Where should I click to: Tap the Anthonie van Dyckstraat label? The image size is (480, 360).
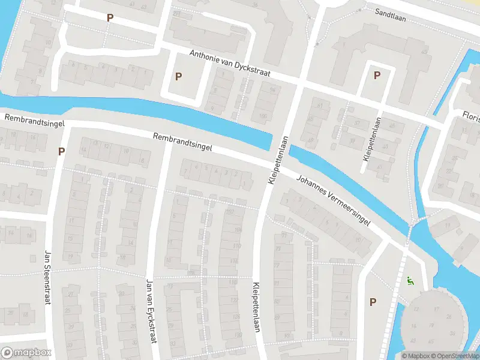230,64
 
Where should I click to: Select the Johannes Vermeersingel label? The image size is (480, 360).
334,199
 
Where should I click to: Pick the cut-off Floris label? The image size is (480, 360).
471,115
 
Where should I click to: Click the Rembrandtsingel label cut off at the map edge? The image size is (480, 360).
30,119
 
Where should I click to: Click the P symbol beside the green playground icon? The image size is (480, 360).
373,302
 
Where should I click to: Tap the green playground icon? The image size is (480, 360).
410,279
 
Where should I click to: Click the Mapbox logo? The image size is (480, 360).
26,352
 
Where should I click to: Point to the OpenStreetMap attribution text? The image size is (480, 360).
457,356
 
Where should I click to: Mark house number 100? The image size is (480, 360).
262,116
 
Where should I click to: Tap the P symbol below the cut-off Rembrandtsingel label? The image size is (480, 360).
61,151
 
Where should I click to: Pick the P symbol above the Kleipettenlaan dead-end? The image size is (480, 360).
377,76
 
